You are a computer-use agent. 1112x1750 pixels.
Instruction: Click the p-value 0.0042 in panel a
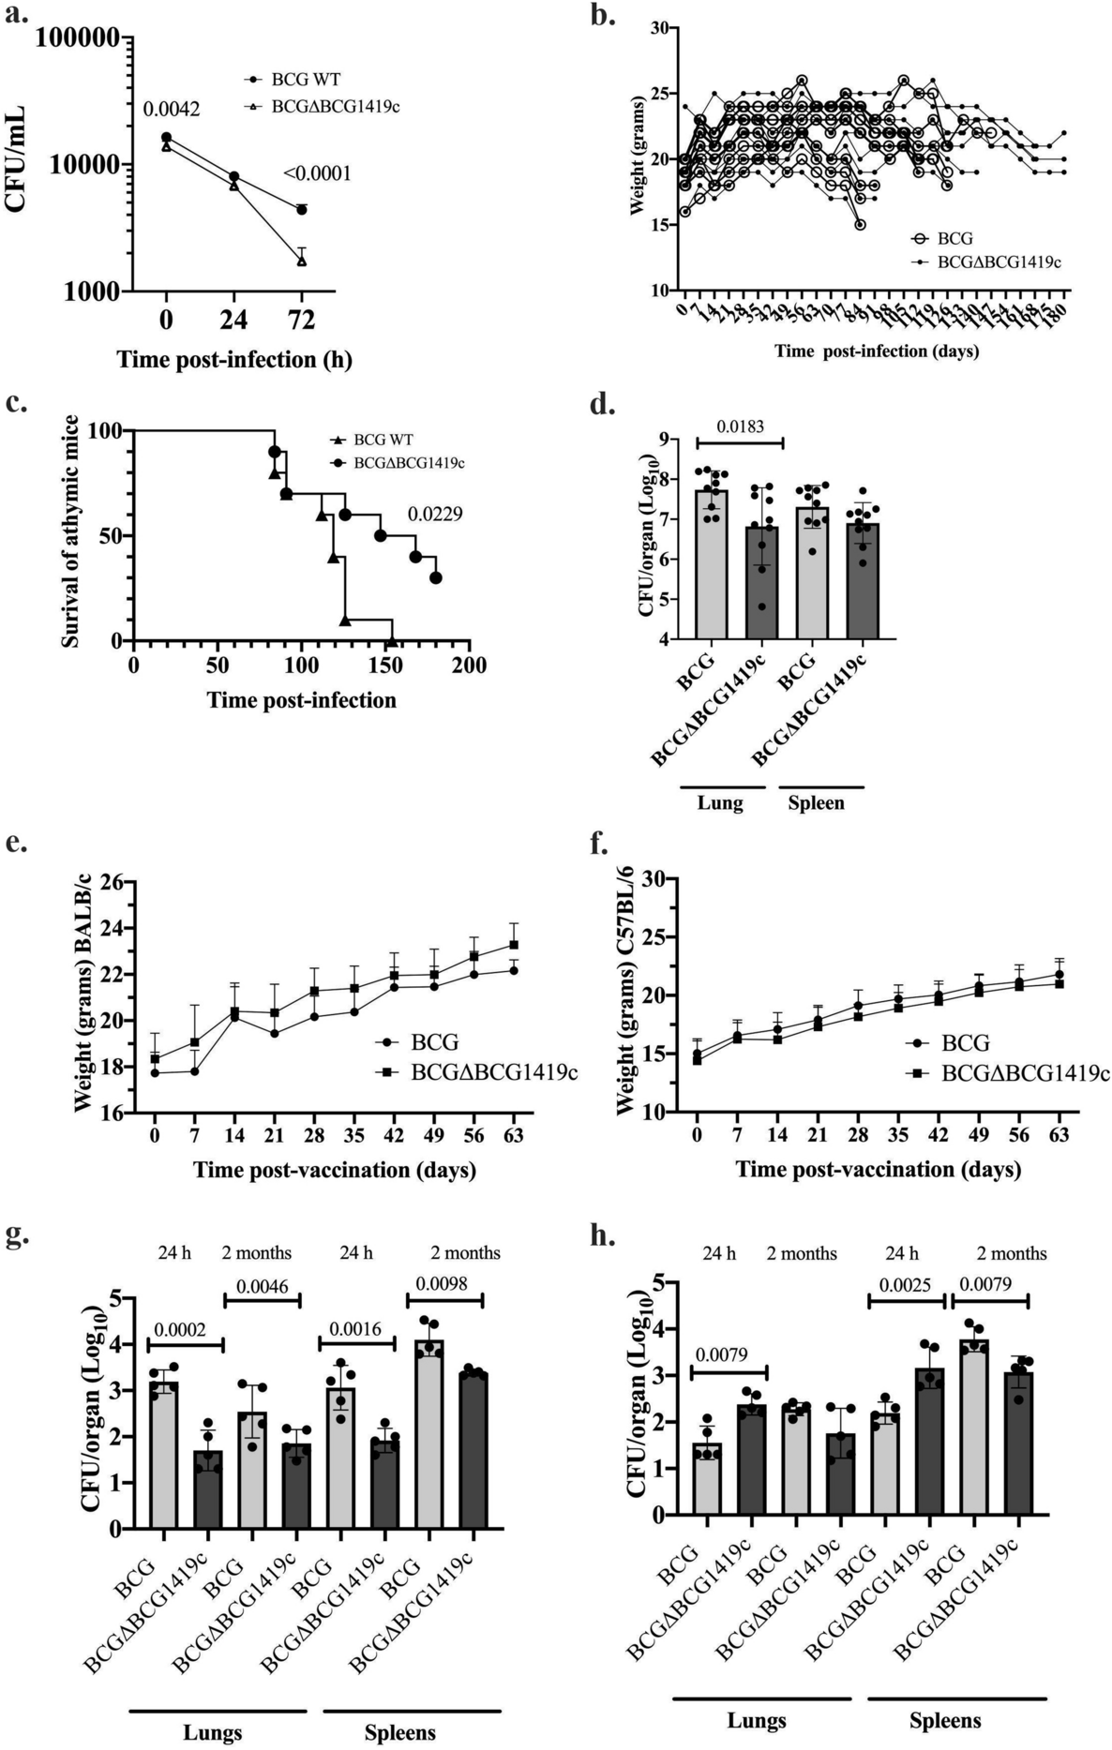pyautogui.click(x=171, y=111)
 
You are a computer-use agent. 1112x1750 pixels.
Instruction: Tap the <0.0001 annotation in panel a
pyautogui.click(x=317, y=173)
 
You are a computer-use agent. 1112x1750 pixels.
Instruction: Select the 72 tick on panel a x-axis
pyautogui.click(x=301, y=321)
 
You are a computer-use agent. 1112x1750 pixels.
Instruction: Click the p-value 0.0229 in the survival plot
pyautogui.click(x=434, y=515)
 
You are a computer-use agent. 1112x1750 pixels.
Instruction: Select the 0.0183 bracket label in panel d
pyautogui.click(x=739, y=426)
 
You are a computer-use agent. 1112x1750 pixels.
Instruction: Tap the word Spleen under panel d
pyautogui.click(x=816, y=803)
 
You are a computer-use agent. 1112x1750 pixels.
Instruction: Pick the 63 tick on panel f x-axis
pyautogui.click(x=1059, y=1135)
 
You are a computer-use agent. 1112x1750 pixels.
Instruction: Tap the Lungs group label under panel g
pyautogui.click(x=212, y=1732)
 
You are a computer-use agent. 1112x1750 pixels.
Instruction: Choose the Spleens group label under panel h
pyautogui.click(x=945, y=1720)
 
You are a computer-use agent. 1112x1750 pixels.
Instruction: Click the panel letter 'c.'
pyautogui.click(x=16, y=406)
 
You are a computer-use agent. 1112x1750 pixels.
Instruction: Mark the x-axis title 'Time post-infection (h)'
pyautogui.click(x=234, y=360)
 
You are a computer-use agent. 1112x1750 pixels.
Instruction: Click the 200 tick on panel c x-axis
pyautogui.click(x=469, y=665)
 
